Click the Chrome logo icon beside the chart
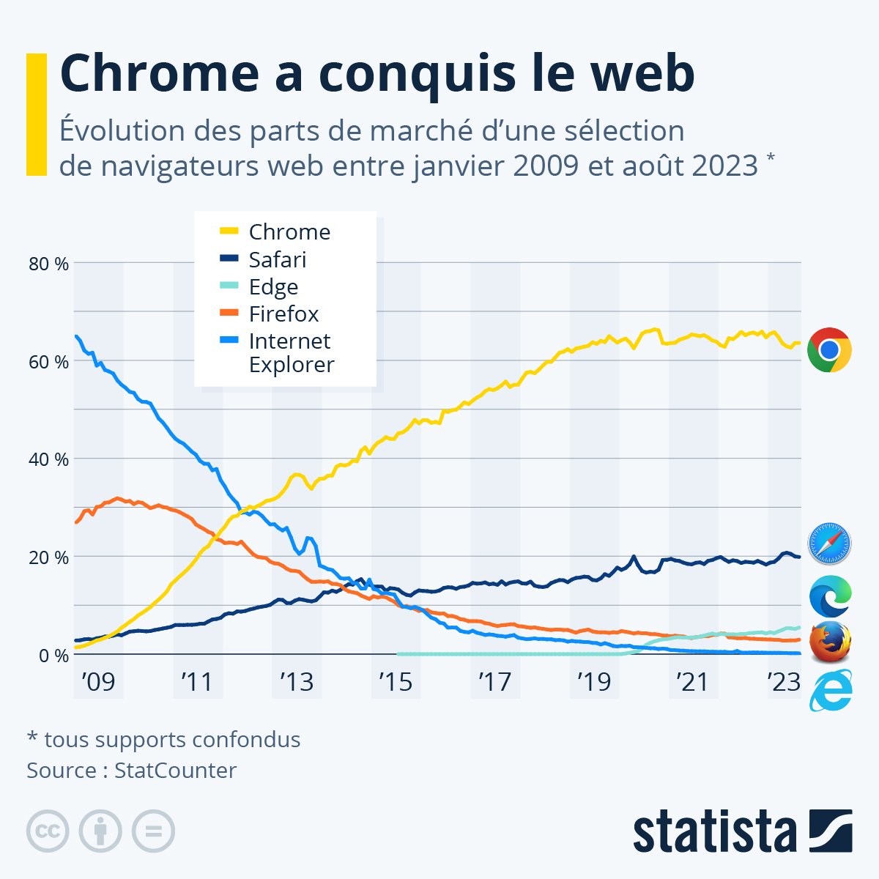point(829,350)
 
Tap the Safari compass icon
point(829,544)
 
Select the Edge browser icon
point(830,595)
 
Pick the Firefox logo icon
point(830,642)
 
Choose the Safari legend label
point(277,259)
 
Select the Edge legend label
point(273,286)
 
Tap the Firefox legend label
point(283,314)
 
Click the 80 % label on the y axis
point(48,264)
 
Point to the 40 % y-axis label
point(48,459)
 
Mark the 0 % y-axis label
point(53,655)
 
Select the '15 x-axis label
point(395,682)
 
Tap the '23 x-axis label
point(783,682)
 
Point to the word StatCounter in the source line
point(175,771)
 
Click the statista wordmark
point(714,832)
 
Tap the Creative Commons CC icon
point(48,831)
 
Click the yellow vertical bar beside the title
point(36,114)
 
